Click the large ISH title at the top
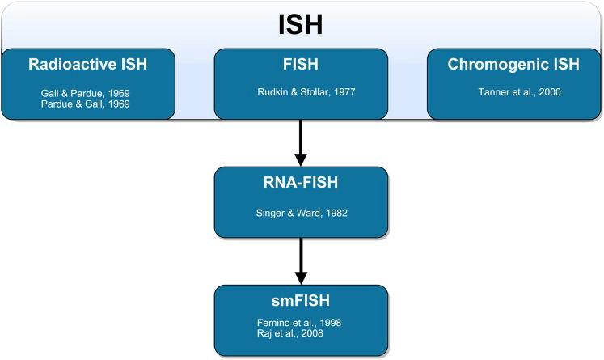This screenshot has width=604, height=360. [301, 26]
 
